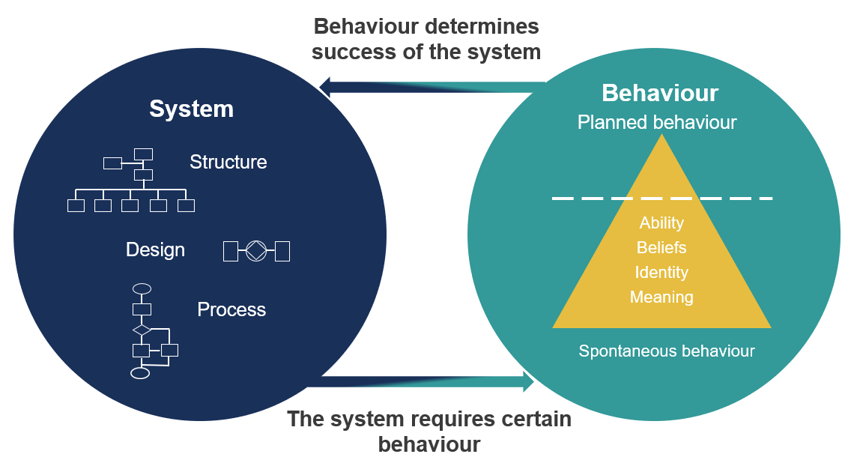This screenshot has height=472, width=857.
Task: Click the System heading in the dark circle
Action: pos(191,109)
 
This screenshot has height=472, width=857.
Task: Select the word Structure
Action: pos(228,162)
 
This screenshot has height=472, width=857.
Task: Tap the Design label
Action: pos(155,249)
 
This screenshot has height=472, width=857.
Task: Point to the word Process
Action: pos(231,309)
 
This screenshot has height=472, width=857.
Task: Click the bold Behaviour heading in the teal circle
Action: pos(660,93)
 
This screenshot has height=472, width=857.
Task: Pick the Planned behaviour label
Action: pos(657,122)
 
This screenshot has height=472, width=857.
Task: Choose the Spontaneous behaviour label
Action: pos(667,351)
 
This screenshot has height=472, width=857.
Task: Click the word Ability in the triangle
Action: pos(661,223)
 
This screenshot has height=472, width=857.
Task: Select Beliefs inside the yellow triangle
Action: pos(661,247)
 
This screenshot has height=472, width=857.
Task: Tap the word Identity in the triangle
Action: pos(661,272)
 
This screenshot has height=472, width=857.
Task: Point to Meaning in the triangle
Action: pos(661,297)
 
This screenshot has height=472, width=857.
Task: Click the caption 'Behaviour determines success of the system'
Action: pos(426,39)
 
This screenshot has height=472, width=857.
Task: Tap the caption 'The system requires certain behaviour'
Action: pos(429,432)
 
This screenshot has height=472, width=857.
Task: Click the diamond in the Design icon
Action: pos(256,250)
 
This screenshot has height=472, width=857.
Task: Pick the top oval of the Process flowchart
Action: pos(141,288)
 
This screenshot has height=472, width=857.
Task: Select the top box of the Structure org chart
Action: pos(143,154)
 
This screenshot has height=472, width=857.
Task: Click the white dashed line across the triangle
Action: pos(661,199)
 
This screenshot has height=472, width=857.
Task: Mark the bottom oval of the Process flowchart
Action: pos(140,373)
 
